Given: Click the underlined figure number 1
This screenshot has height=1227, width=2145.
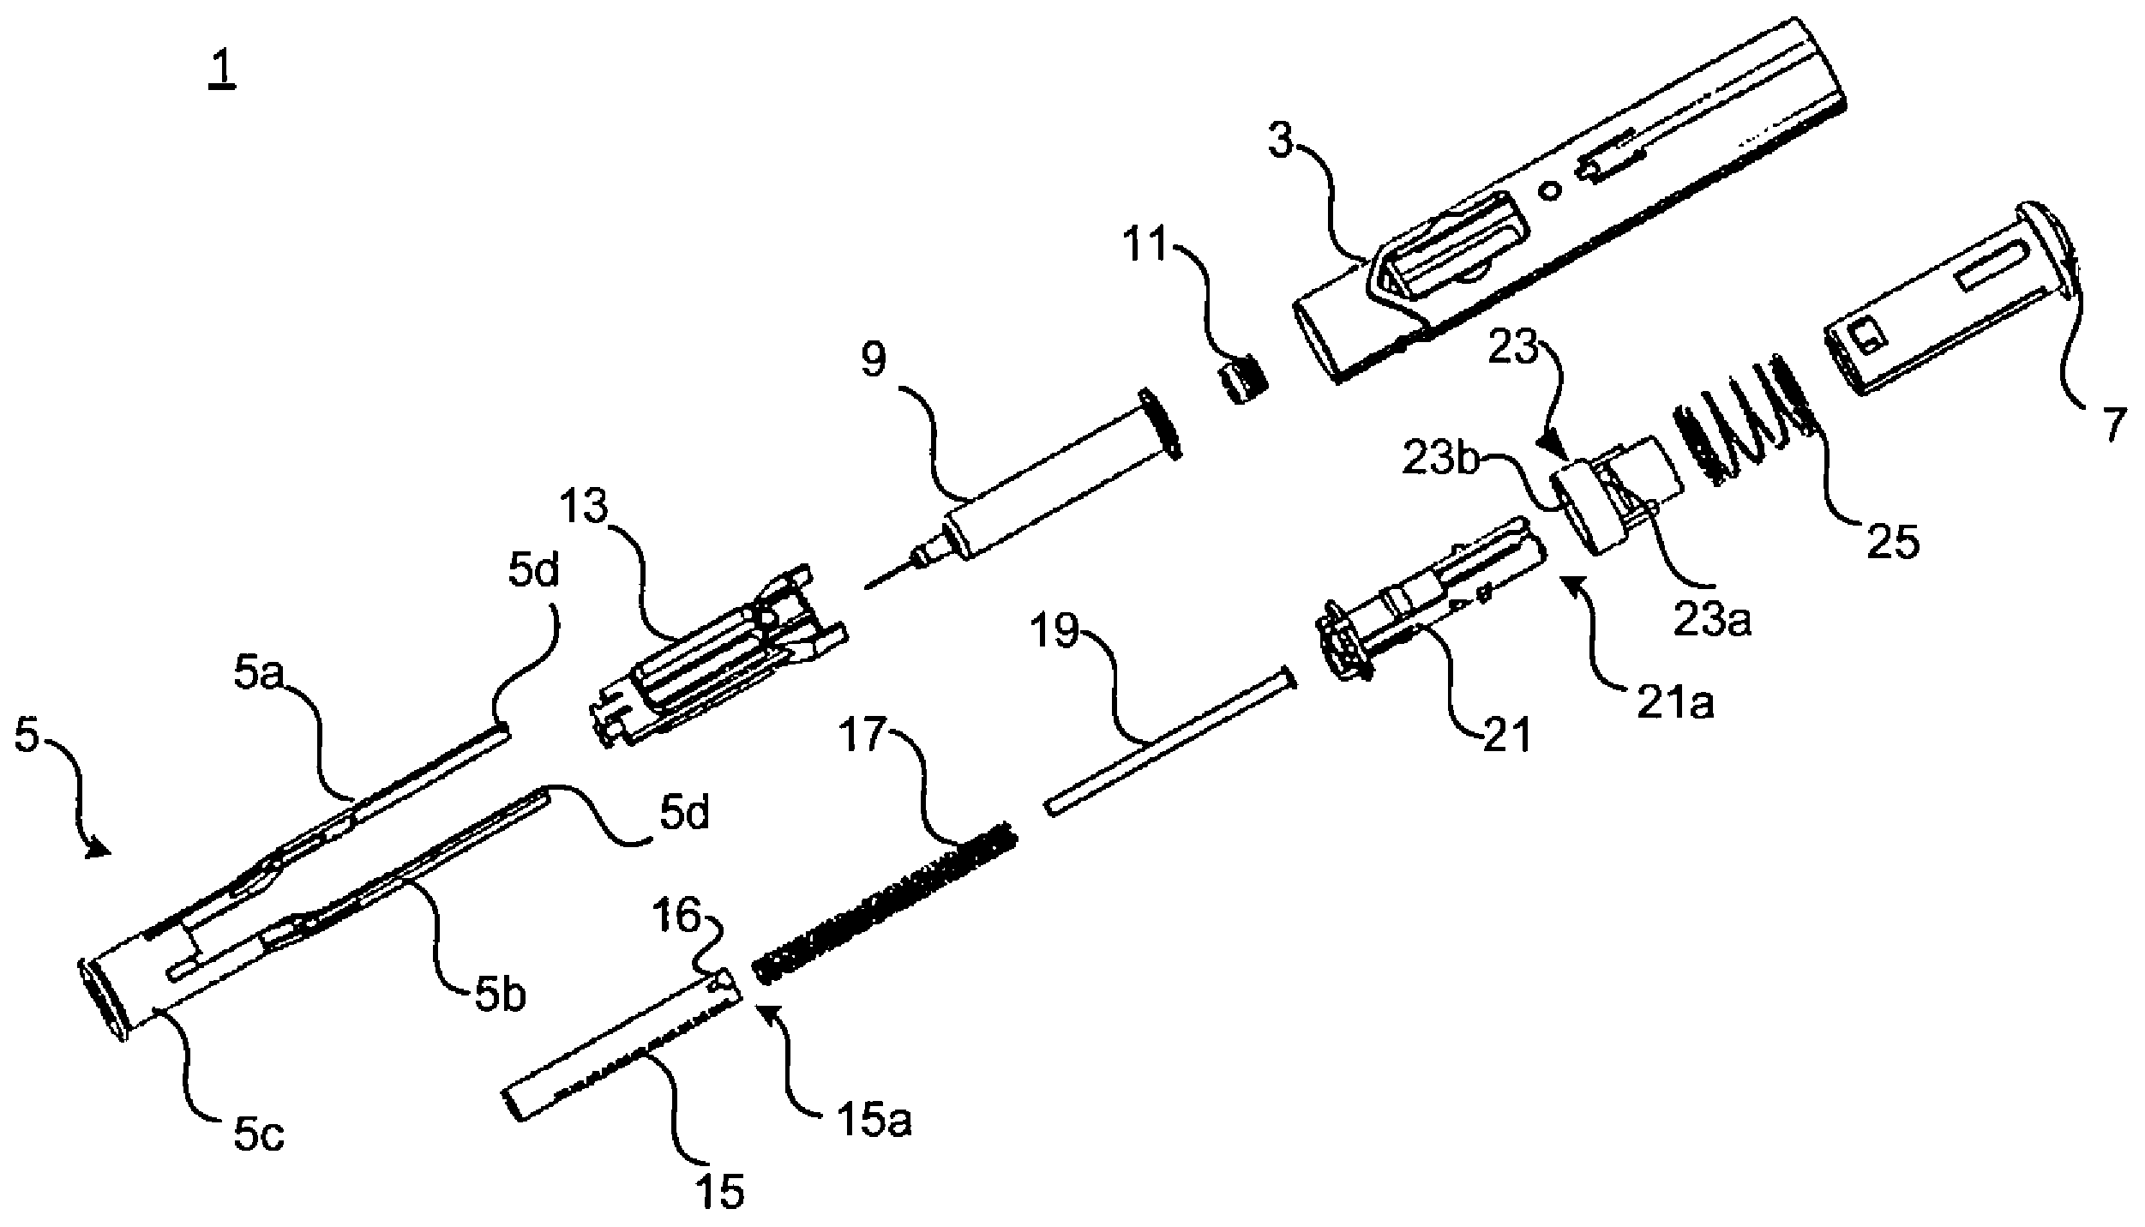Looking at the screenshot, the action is pos(222,69).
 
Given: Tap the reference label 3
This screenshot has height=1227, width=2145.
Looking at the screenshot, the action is pos(1282,141).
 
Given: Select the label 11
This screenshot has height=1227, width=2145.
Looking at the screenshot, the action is pos(1148,246).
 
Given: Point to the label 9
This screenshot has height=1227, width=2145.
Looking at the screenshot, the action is pos(874,361).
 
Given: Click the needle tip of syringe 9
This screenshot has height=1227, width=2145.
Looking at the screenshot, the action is pos(866,587).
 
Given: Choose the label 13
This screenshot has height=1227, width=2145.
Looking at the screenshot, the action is pos(586,508).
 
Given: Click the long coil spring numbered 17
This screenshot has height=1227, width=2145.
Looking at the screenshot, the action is pos(883,902).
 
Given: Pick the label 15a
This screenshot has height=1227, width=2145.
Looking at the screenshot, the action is pos(873,1120).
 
